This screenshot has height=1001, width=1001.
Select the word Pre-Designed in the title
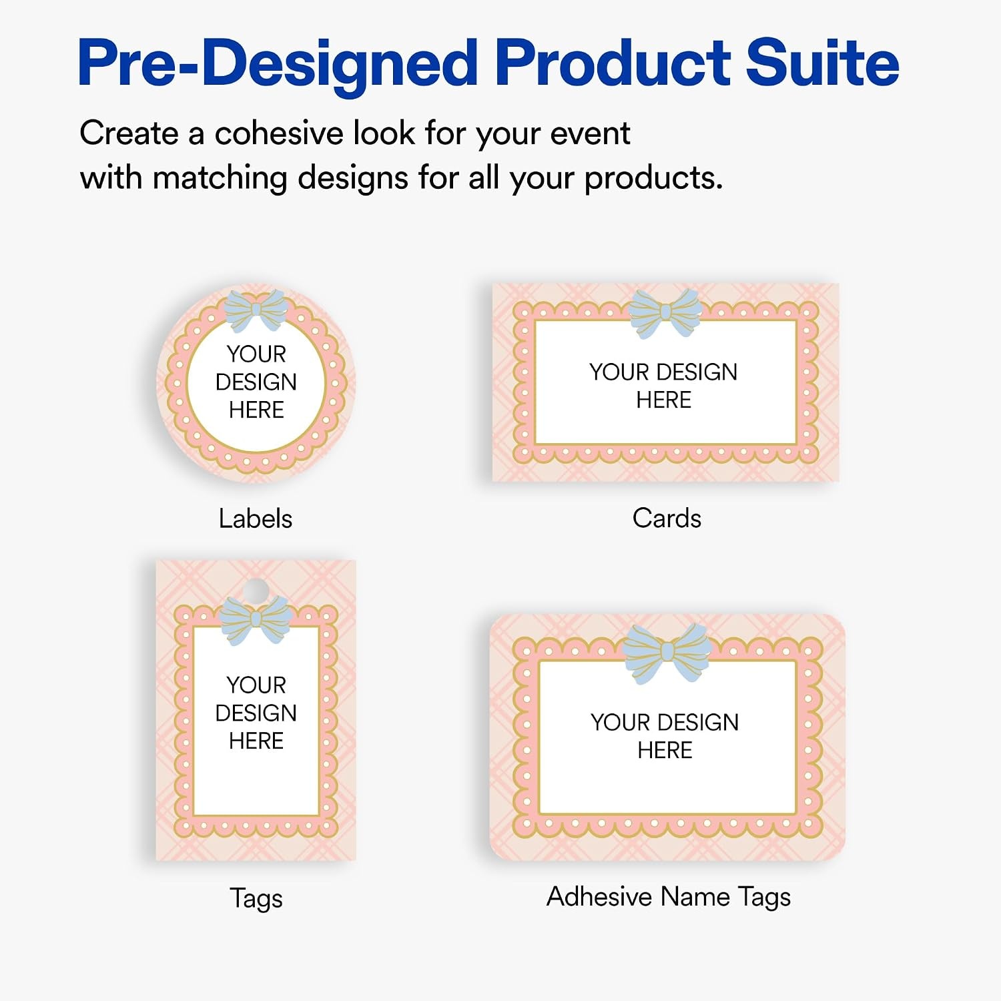click(x=278, y=65)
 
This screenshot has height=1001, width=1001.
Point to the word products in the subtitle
click(x=654, y=178)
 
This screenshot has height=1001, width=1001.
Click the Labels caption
click(x=256, y=519)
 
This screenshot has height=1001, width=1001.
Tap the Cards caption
click(x=667, y=518)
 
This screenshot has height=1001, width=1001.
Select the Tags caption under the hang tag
click(x=256, y=898)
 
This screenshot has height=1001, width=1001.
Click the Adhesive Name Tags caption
click(x=669, y=897)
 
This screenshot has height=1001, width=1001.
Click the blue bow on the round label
click(x=256, y=310)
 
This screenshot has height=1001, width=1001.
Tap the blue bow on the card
click(x=665, y=312)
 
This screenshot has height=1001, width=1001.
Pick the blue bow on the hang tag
click(x=256, y=619)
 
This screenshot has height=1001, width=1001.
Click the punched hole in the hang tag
click(x=256, y=590)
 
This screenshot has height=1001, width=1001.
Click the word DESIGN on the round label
click(x=256, y=382)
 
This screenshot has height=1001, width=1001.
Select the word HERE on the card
click(x=664, y=400)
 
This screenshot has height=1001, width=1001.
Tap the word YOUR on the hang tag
click(x=256, y=685)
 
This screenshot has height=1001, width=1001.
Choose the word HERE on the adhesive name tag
click(x=665, y=750)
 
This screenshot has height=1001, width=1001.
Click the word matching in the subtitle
click(x=220, y=178)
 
